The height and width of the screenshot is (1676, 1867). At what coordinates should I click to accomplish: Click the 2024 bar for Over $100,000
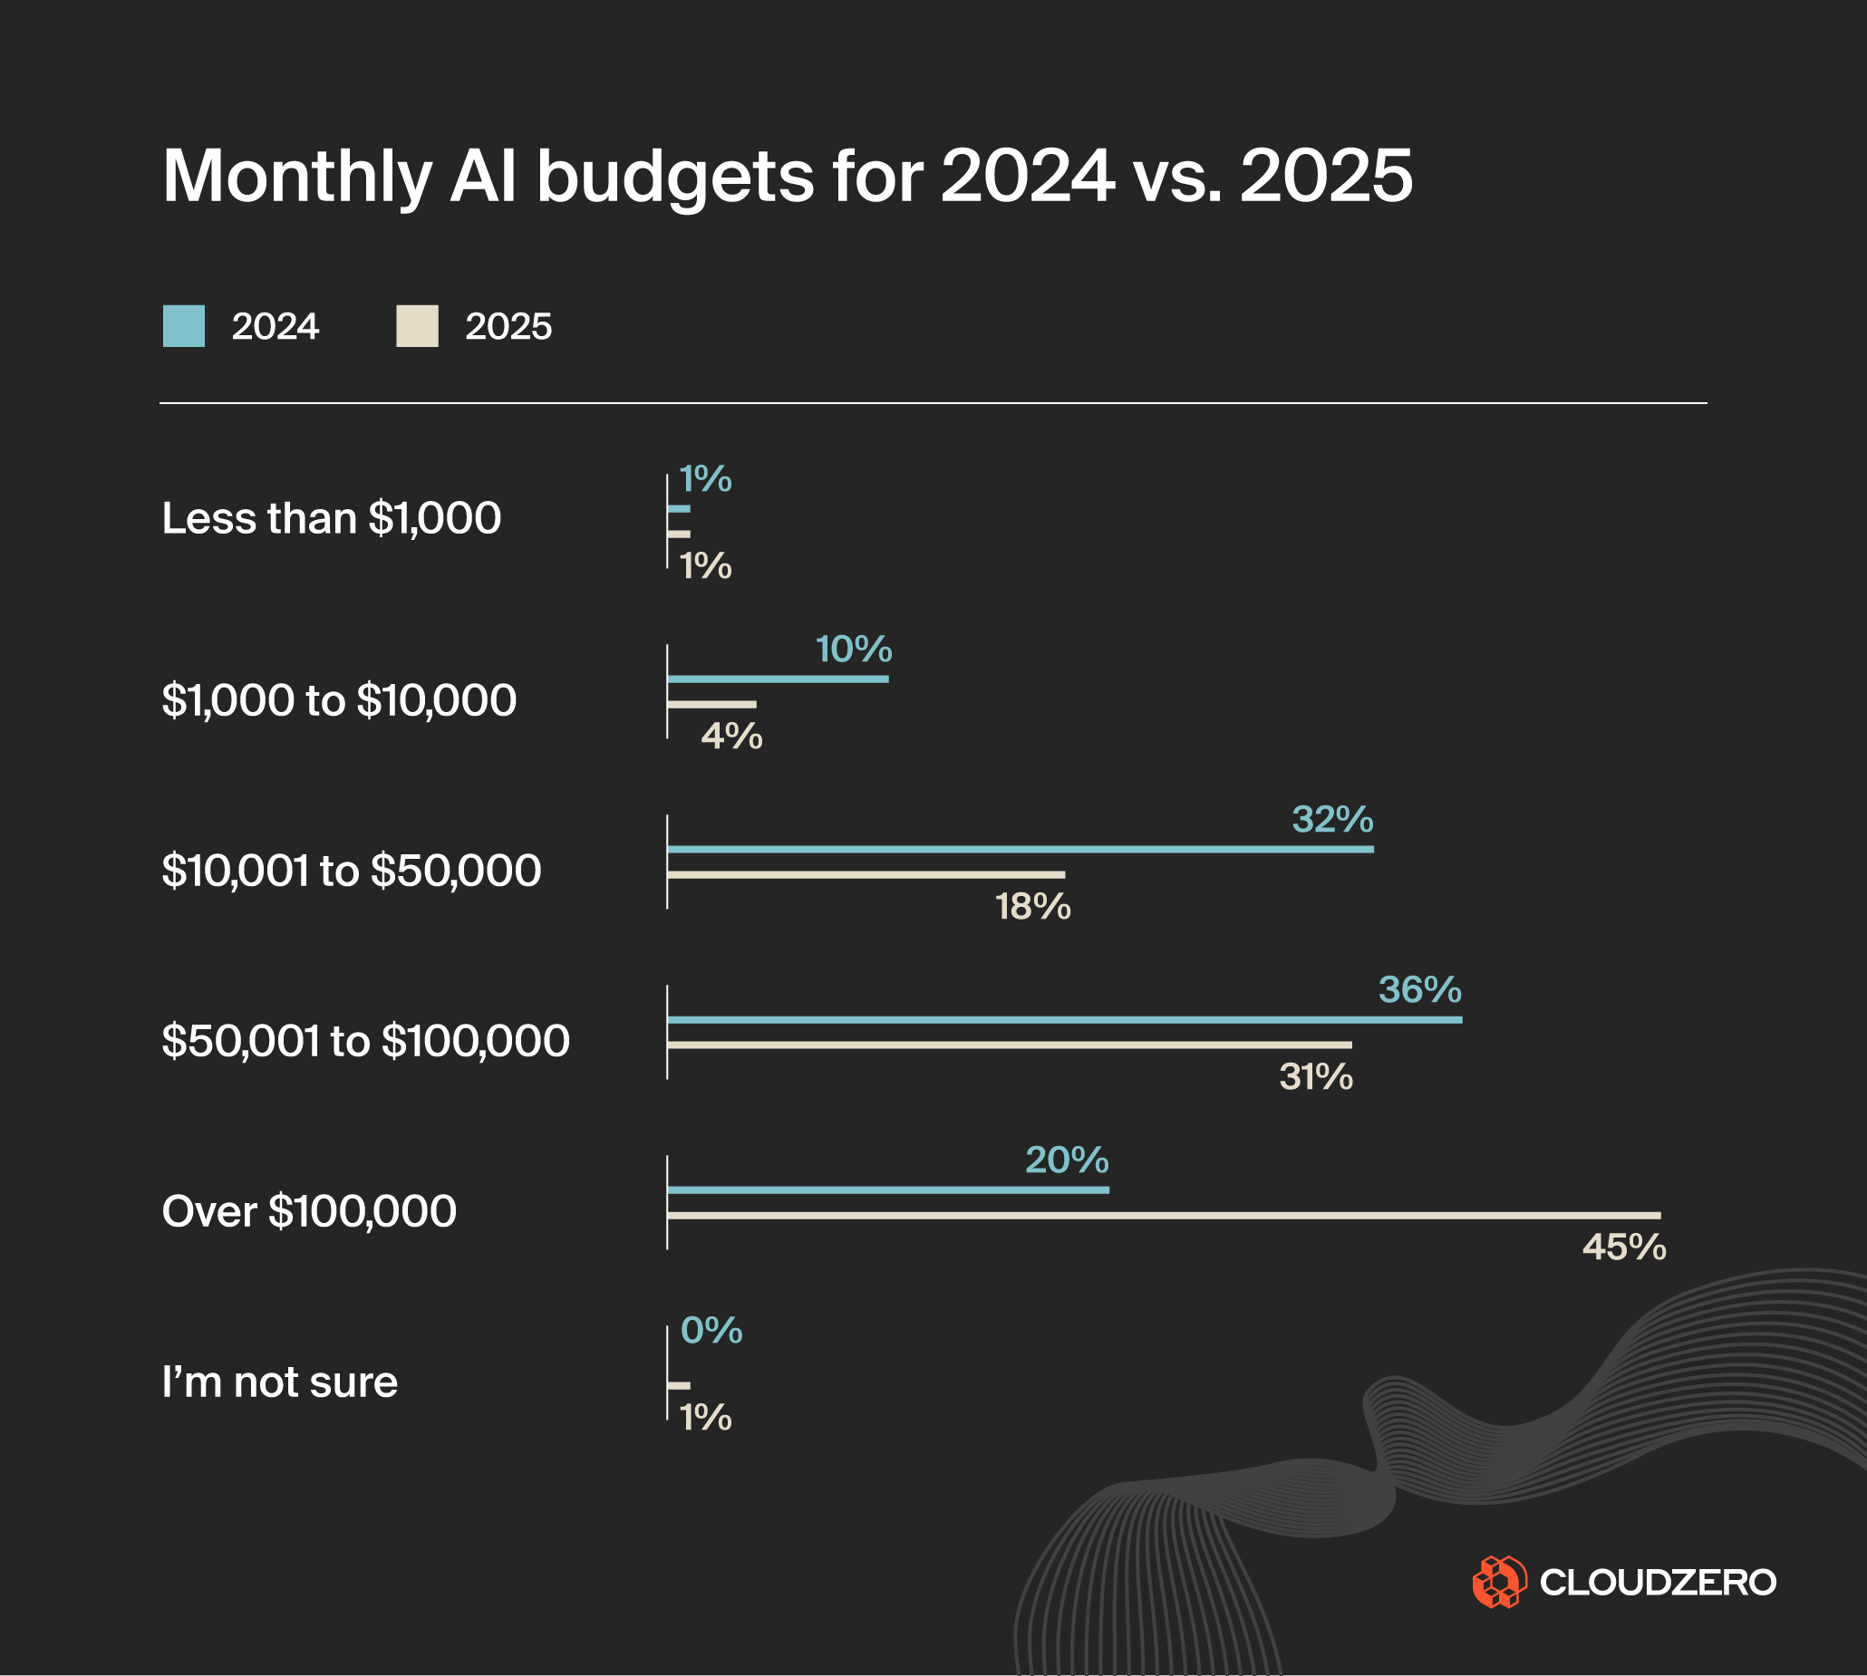(x=888, y=1190)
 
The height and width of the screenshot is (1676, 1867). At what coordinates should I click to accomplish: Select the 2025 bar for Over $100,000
(x=1164, y=1216)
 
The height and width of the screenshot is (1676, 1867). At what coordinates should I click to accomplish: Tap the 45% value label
(x=1624, y=1247)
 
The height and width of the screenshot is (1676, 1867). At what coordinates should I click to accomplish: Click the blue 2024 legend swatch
(x=183, y=326)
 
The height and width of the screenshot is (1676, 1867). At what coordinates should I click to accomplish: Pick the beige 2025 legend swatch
(x=416, y=326)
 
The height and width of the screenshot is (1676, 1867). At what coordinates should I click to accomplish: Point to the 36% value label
(x=1419, y=990)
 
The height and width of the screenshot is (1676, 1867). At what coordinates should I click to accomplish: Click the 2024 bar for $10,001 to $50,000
(x=1020, y=849)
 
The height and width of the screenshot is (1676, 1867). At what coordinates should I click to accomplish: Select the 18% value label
(x=1032, y=907)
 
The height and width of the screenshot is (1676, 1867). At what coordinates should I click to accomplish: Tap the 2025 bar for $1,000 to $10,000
(x=711, y=705)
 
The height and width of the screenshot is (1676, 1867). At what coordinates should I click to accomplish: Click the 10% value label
(x=854, y=650)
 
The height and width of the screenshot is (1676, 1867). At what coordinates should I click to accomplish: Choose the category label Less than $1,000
(x=332, y=517)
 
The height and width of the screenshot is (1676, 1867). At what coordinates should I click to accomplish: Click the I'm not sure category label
(x=280, y=1382)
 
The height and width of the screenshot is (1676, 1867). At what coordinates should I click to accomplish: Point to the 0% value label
(x=711, y=1331)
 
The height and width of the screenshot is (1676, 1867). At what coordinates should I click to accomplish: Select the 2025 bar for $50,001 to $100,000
(x=1009, y=1045)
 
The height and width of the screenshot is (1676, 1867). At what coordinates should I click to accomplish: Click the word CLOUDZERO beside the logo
(x=1658, y=1582)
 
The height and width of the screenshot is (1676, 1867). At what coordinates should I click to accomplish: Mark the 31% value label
(x=1315, y=1077)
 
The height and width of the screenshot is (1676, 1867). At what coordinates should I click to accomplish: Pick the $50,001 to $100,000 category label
(x=365, y=1041)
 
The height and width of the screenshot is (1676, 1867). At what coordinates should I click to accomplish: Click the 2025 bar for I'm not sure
(x=679, y=1385)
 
